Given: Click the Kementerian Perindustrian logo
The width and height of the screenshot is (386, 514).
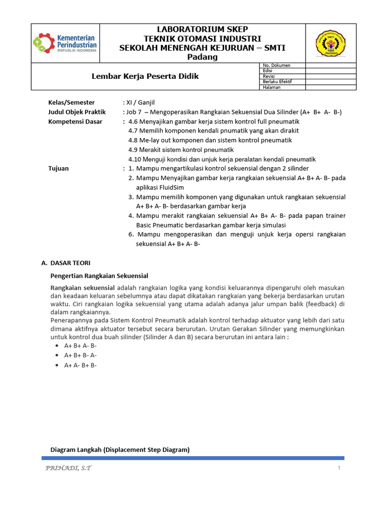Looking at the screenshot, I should point(65,43).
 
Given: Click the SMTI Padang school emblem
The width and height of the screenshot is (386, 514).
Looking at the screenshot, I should point(329,43).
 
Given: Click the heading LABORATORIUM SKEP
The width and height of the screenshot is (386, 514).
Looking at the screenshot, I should point(196,30).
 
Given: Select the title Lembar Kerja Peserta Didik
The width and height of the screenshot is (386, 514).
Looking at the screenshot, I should point(145,76).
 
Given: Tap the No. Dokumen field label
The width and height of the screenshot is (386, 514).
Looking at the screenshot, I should point(276,65).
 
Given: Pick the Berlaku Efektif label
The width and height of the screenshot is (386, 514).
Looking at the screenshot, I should point(277,81).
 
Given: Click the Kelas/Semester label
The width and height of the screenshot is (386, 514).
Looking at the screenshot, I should point(71,102).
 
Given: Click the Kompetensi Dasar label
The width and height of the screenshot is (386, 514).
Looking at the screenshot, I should point(75,121).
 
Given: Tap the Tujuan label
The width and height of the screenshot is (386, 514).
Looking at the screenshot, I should point(58,169).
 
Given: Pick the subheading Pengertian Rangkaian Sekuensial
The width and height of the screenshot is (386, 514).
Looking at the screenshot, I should point(100,276).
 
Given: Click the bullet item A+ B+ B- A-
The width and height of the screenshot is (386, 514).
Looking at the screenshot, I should point(80,355).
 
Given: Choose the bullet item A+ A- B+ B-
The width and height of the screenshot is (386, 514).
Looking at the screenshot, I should point(80,365).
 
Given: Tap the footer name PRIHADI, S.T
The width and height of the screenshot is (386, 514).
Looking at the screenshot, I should point(68,468).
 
